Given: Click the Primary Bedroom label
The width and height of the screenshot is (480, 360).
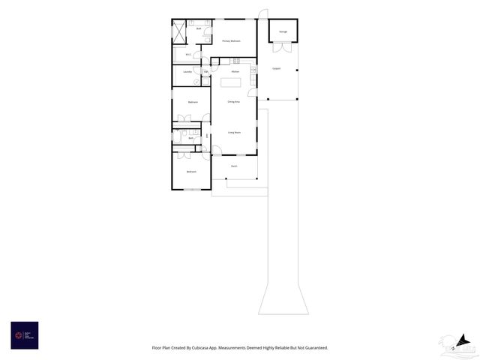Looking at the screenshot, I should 231,40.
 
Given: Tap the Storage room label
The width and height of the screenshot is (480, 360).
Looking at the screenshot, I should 283,31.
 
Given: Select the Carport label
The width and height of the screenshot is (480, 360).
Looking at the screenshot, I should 276,69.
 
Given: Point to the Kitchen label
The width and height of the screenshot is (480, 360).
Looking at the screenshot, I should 235,71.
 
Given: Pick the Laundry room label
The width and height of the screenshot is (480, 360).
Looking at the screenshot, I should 187,72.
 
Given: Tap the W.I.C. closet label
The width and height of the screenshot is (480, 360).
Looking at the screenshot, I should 188,54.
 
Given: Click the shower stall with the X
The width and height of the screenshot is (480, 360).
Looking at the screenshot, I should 179,31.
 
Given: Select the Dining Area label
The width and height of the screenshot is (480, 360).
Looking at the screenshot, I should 234,101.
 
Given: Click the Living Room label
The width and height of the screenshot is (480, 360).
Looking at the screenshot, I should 234,132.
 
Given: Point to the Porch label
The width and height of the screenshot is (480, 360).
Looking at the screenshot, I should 234,166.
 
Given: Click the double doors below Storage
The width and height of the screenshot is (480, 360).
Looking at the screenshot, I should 282,48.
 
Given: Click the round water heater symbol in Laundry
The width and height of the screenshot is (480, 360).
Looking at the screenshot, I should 197,82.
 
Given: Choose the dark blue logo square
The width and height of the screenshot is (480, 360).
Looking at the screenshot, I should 24,335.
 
